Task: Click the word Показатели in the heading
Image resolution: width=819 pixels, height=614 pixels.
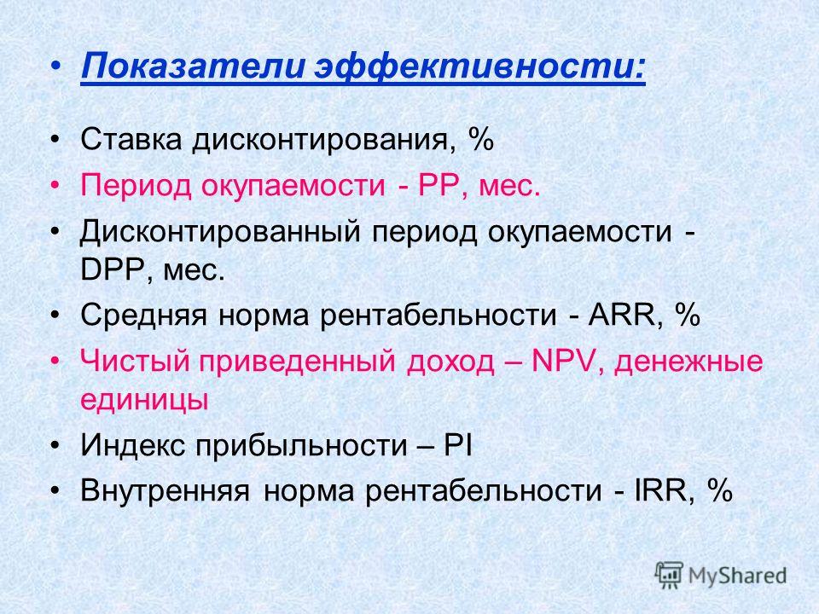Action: (192, 67)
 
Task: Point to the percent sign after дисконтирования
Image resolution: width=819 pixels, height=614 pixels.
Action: (481, 139)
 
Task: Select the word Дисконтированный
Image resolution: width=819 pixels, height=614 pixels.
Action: (220, 231)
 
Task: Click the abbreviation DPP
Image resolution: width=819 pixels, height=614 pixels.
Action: (113, 270)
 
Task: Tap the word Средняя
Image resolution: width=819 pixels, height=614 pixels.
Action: (143, 316)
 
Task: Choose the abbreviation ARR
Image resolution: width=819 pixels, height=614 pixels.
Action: (620, 315)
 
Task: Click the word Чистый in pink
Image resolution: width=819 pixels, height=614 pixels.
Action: (135, 362)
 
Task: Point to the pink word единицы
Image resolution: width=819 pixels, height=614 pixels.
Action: (144, 400)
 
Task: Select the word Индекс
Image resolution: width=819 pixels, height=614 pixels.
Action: (133, 445)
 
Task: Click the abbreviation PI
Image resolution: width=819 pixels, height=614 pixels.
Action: (458, 445)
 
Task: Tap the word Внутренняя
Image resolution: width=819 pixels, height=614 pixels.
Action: (165, 491)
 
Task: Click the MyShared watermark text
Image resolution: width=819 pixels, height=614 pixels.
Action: (737, 576)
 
